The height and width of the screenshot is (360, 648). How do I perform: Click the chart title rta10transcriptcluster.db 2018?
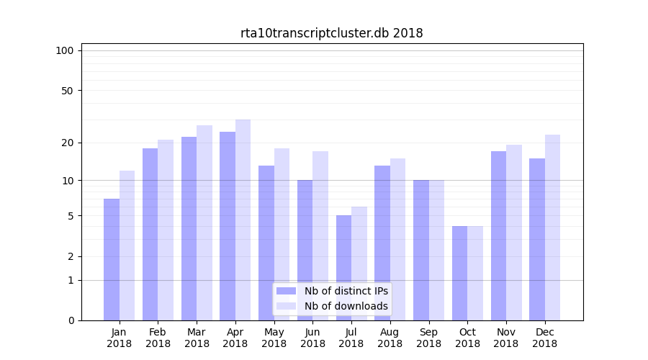331,33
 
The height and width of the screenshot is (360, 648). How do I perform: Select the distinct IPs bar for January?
112,259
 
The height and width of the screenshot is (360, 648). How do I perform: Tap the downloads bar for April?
243,220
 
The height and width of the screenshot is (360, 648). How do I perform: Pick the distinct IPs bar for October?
459,274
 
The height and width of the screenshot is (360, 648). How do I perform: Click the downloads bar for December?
552,228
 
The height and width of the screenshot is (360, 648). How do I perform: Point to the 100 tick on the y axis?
65,50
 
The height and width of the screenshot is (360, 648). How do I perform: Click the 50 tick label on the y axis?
67,91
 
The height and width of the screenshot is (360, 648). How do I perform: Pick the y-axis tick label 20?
67,143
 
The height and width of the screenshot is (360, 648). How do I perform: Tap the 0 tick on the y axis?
70,320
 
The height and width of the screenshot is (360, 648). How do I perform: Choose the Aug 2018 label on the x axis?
390,338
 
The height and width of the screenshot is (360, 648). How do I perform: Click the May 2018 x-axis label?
274,338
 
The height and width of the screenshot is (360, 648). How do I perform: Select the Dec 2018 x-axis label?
544,338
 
